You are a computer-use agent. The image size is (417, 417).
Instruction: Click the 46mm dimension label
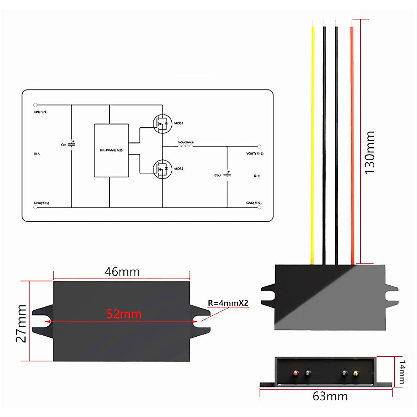[122, 271]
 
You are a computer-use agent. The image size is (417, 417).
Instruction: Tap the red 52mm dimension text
[124, 314]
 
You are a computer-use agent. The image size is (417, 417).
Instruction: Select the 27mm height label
[22, 323]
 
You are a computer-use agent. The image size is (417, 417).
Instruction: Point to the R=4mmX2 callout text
[228, 303]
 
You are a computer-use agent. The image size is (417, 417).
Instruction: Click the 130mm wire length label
[370, 153]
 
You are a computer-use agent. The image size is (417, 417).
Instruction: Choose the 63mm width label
[330, 396]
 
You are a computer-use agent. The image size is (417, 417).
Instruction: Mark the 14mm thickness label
[402, 372]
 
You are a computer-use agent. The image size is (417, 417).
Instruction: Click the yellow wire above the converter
[313, 139]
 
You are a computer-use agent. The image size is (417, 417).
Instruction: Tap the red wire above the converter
[352, 139]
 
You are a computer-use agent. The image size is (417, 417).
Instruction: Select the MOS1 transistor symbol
[162, 123]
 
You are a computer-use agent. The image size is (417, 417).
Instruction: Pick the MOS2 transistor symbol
[162, 169]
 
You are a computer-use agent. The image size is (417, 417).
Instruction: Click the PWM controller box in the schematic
[111, 150]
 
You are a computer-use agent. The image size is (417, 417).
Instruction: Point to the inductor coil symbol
[186, 146]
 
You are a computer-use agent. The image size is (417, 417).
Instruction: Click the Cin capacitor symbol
[72, 144]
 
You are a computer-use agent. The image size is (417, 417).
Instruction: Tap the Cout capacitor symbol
[227, 174]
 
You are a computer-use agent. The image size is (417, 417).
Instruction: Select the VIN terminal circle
[35, 105]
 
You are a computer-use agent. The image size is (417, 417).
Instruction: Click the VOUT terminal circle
[259, 147]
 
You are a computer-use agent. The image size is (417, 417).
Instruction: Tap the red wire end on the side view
[295, 374]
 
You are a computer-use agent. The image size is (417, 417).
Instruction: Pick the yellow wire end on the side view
[355, 374]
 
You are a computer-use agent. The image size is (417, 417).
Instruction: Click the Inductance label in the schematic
[186, 142]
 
